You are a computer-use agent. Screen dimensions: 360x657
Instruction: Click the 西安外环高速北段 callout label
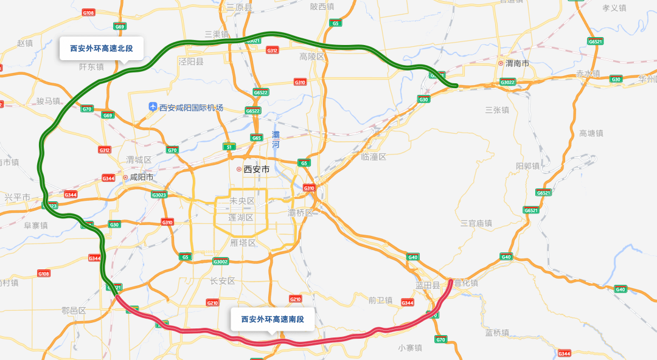(x=101, y=48)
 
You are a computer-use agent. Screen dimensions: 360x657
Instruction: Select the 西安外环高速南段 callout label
(x=272, y=319)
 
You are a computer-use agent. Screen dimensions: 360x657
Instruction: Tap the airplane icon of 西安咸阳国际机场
(x=153, y=107)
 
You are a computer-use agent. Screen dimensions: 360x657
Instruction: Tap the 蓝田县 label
(x=428, y=285)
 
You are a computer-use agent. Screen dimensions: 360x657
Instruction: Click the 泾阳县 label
(x=191, y=61)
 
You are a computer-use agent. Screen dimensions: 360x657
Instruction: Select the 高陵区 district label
(x=313, y=57)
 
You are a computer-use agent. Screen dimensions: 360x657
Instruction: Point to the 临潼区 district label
(x=374, y=157)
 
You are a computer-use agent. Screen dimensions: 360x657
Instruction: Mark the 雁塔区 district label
(x=243, y=243)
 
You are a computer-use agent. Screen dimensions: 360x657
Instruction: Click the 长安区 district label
(x=222, y=281)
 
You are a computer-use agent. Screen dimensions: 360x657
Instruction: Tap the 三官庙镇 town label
(x=476, y=224)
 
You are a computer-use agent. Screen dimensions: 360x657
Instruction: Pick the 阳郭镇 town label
(x=527, y=166)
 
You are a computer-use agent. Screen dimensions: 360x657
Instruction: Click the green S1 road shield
(x=229, y=147)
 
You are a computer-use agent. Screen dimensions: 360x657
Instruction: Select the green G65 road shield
(x=256, y=138)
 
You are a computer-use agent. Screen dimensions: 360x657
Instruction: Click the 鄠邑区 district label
(x=74, y=310)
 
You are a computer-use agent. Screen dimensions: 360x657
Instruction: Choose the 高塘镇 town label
(x=591, y=133)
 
